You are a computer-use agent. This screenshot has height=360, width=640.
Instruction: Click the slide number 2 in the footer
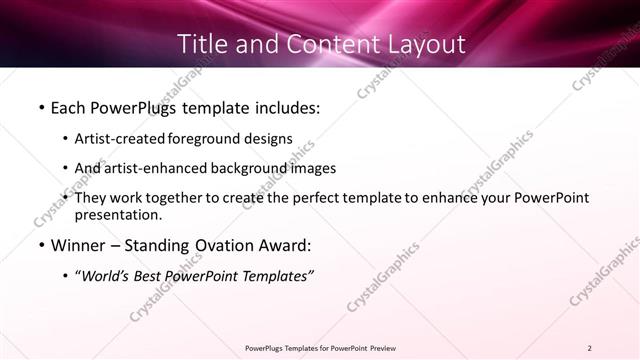[590, 347]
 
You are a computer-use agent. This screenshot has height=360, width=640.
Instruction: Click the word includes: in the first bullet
[281, 105]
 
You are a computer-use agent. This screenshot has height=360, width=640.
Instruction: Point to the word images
[310, 168]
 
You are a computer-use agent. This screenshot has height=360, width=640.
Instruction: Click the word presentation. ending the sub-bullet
[118, 214]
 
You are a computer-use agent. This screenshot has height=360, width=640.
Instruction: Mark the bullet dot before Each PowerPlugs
[41, 105]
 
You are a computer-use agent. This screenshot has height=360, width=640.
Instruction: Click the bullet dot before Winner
[41, 245]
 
